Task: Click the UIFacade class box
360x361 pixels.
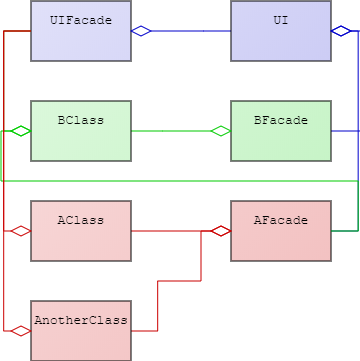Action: (x=80, y=31)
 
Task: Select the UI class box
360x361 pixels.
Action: (x=280, y=31)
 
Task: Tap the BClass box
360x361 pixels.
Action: (x=80, y=131)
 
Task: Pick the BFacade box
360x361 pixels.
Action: (x=280, y=131)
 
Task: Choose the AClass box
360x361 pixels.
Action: (x=80, y=231)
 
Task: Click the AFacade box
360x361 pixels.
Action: (x=280, y=231)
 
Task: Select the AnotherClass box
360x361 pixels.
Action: (x=80, y=331)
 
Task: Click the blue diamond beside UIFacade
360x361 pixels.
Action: (x=141, y=31)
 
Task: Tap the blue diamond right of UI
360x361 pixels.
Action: (x=341, y=31)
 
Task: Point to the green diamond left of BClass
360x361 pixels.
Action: (x=20, y=131)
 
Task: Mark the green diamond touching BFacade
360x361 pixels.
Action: (x=220, y=131)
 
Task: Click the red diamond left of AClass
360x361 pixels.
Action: (x=20, y=231)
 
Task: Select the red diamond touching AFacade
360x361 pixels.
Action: (x=220, y=231)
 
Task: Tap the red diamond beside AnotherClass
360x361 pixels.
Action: (x=20, y=331)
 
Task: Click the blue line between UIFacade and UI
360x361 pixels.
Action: (x=190, y=31)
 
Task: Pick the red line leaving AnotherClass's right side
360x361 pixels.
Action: (x=145, y=330)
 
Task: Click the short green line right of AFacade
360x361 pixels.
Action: (x=344, y=231)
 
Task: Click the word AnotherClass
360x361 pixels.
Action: (x=80, y=320)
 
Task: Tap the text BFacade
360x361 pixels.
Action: (x=280, y=120)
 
